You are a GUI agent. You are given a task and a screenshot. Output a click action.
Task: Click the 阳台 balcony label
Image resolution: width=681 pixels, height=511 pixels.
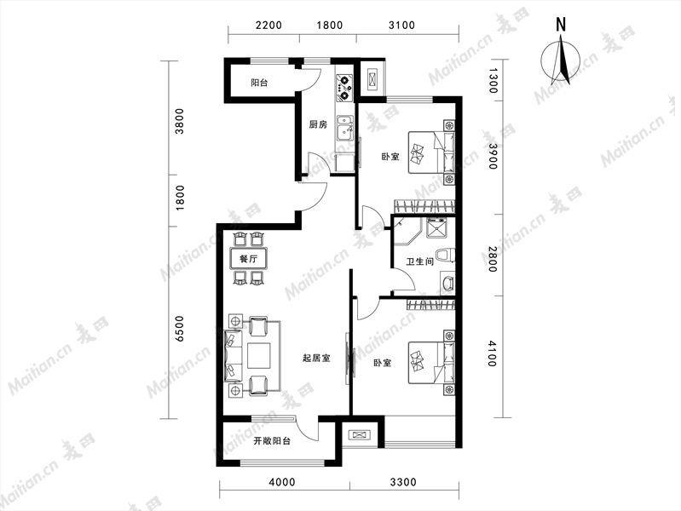point(259,83)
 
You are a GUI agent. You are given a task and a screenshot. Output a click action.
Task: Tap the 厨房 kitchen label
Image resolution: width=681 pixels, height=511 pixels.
point(317,125)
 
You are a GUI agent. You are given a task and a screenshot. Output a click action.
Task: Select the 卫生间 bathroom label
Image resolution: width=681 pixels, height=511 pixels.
point(419,261)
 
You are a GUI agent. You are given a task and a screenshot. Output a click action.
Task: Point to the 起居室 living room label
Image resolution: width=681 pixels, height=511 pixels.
point(316,359)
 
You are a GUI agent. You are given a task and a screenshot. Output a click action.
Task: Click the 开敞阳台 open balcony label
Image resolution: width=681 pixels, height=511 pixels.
point(272,441)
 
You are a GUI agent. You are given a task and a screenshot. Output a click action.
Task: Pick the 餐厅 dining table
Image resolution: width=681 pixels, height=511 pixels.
point(248,259)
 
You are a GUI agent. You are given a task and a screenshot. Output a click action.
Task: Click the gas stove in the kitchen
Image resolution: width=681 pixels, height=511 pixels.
point(345,88)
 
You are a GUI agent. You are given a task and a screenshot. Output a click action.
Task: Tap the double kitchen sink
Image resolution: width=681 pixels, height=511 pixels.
point(345,129)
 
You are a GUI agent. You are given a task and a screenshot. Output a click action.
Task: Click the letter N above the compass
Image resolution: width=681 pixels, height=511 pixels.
point(561,25)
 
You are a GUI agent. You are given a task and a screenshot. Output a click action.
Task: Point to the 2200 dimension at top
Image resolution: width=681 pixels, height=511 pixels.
point(268,26)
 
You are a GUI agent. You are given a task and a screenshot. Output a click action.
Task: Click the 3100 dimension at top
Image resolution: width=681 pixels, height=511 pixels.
point(401,26)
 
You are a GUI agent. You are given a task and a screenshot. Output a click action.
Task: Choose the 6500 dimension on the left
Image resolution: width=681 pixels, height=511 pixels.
point(179,329)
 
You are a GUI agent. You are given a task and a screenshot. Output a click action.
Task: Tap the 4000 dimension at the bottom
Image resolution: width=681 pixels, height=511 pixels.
point(282,482)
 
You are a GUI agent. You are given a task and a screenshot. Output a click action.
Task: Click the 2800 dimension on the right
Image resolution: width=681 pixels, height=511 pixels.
point(492,259)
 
